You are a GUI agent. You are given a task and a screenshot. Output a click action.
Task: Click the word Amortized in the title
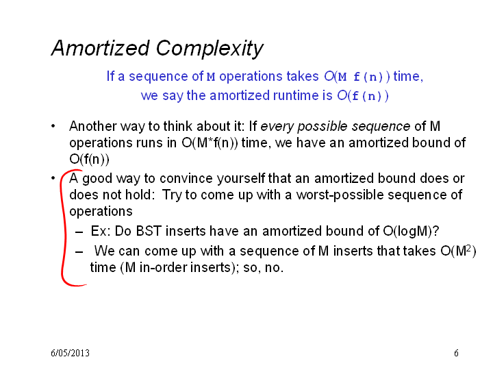coord(100,48)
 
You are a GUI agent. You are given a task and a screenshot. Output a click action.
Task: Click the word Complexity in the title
coord(210,49)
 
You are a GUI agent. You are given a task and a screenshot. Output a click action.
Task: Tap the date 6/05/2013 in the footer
coord(70,353)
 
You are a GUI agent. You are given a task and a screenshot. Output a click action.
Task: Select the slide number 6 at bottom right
coord(456,353)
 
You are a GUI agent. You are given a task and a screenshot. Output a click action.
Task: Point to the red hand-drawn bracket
coord(65,227)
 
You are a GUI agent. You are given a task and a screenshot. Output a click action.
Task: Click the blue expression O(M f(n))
coord(357,77)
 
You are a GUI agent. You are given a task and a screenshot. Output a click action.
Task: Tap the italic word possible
coord(323,127)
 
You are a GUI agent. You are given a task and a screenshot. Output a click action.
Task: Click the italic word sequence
coord(381,127)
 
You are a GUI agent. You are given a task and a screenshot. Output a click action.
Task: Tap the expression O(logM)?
coord(411,232)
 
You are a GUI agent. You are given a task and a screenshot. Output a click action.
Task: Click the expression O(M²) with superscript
coord(458,251)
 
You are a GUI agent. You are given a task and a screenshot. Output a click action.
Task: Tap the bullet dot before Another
coord(53,126)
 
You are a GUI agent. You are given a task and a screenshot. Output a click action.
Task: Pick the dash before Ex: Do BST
coord(79,232)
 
